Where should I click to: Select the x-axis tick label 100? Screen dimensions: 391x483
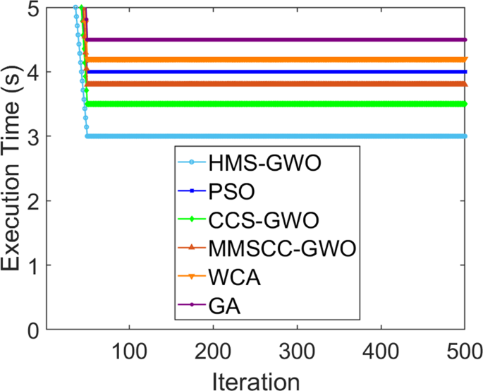point(128,349)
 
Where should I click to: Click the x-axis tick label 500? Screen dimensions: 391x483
point(463,349)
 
